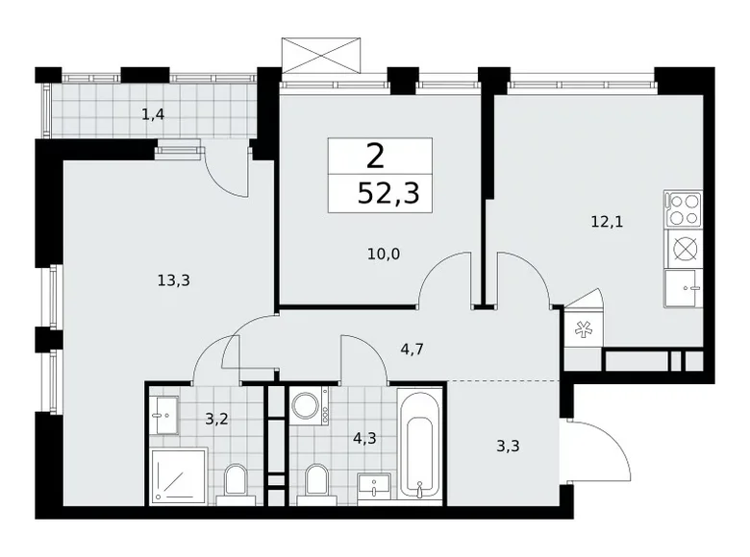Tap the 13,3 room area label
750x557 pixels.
172,280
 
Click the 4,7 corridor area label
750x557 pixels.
412,351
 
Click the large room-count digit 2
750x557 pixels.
375,156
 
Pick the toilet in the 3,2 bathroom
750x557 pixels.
234,482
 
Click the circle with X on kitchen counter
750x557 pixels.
684,248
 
